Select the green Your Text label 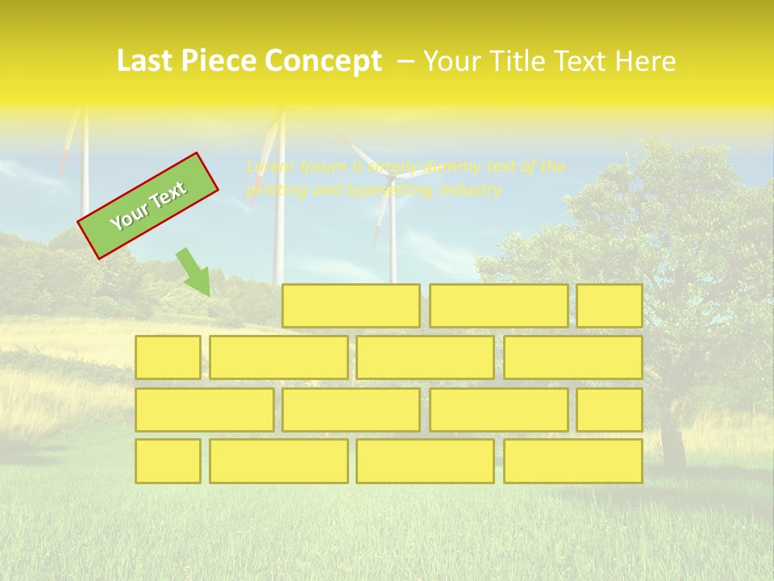coord(148,206)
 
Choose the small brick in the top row coord(610,306)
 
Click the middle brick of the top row coord(498,306)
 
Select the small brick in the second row coord(168,357)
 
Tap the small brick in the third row coord(610,409)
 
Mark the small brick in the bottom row coord(168,461)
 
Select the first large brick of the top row coord(351,306)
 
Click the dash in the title coord(406,61)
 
